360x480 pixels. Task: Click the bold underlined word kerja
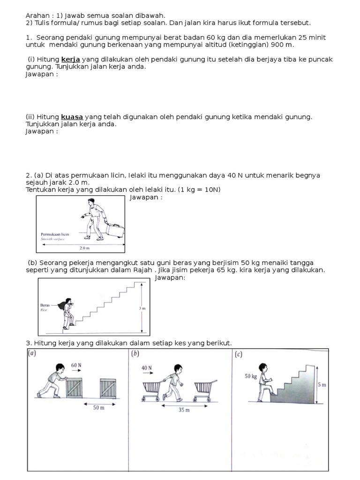(x=71, y=60)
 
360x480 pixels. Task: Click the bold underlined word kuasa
(x=72, y=117)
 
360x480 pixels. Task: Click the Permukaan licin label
(x=55, y=233)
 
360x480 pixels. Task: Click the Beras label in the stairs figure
(x=45, y=305)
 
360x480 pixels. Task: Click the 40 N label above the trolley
(x=147, y=368)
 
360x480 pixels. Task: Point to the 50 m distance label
(x=98, y=408)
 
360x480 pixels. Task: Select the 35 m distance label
(x=184, y=410)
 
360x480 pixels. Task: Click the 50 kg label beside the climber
(x=251, y=376)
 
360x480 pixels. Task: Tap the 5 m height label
(x=322, y=385)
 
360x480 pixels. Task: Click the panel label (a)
(x=31, y=354)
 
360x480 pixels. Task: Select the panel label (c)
(x=239, y=354)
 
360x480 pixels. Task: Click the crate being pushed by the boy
(x=74, y=388)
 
